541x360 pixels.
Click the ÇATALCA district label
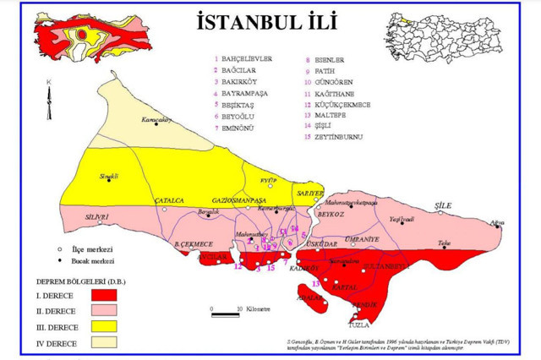click(169, 200)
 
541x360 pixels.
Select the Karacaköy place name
click(156, 119)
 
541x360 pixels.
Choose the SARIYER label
click(312, 192)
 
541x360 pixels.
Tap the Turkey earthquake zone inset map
click(85, 37)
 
